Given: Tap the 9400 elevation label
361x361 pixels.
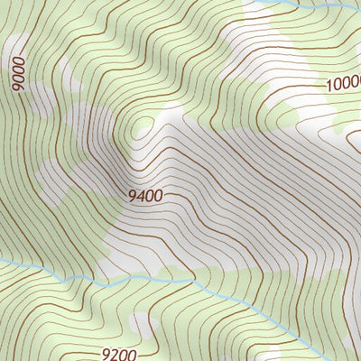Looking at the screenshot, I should tap(145, 194).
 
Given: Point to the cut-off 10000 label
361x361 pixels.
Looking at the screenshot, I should tap(343, 84).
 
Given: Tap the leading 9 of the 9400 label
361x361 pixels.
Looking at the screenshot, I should tap(133, 194).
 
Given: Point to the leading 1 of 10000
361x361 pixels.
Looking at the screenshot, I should tap(329, 86).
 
